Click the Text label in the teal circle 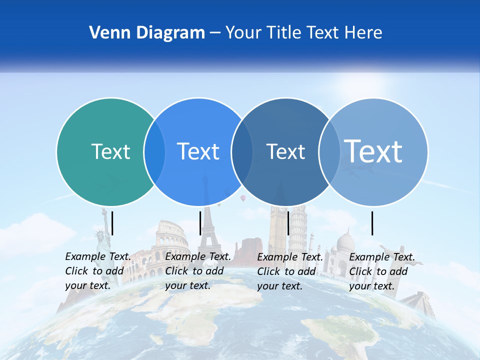[x=110, y=151]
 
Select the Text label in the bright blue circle [x=198, y=151]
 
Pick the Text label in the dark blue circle [x=285, y=151]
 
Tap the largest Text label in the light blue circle [x=373, y=151]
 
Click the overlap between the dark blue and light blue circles [x=329, y=152]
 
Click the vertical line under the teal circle [x=112, y=223]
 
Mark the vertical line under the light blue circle [x=372, y=223]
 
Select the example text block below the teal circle [x=98, y=271]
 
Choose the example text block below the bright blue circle [x=198, y=271]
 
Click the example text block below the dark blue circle [x=290, y=271]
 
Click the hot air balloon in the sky [x=243, y=198]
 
